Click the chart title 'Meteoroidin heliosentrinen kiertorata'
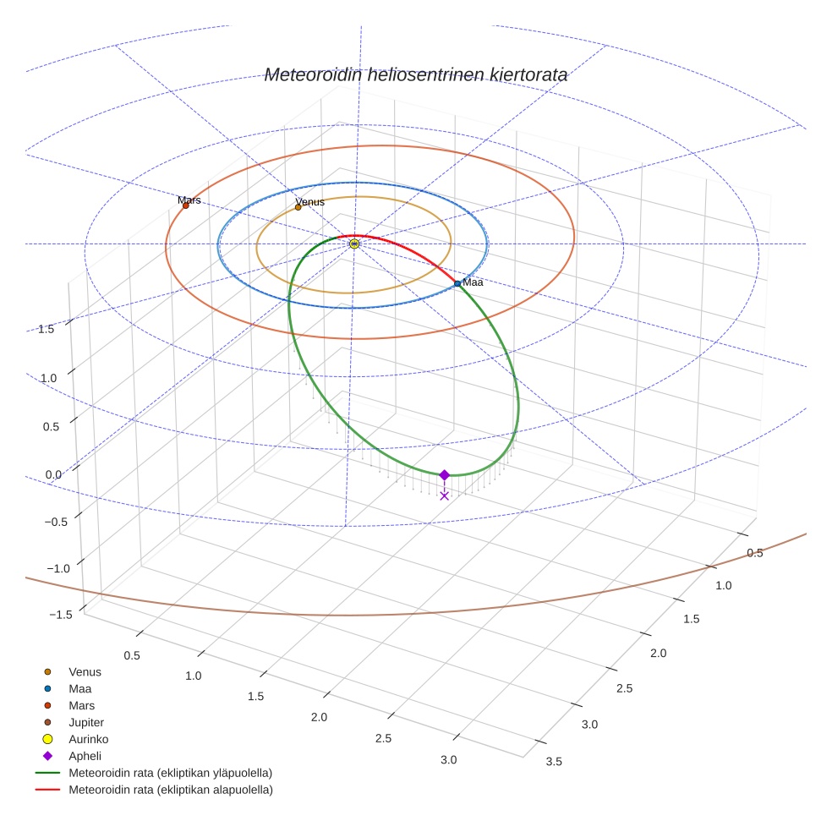(x=415, y=75)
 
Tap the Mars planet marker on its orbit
(x=186, y=205)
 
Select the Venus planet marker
(x=298, y=207)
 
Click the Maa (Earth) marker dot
(x=457, y=283)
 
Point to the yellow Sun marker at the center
(x=354, y=244)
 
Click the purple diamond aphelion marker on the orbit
(x=444, y=475)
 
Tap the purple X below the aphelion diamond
(x=444, y=495)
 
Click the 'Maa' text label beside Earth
(x=473, y=282)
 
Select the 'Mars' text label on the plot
(x=189, y=200)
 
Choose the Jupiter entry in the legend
(x=86, y=723)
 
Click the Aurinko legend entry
(x=88, y=739)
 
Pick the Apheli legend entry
(x=85, y=756)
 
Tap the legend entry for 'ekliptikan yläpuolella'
(x=170, y=773)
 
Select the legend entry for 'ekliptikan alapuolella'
(x=170, y=790)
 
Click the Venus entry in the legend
(x=85, y=672)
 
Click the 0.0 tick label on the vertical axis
(x=53, y=474)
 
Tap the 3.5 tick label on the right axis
(x=555, y=762)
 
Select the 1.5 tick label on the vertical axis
(x=47, y=329)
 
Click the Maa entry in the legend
(x=80, y=689)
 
